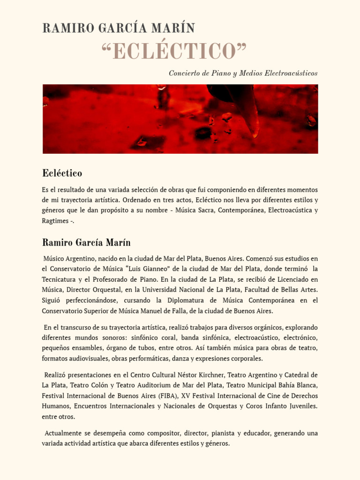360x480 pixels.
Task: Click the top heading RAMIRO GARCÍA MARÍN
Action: click(x=118, y=28)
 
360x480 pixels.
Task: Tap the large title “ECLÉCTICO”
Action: click(x=174, y=51)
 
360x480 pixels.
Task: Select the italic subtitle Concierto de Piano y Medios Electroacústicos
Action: click(x=243, y=74)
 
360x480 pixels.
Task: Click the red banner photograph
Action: click(x=180, y=119)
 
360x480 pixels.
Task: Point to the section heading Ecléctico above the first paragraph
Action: click(x=62, y=173)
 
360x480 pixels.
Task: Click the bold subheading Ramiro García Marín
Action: click(x=86, y=243)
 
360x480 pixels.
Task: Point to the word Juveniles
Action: click(x=300, y=406)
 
